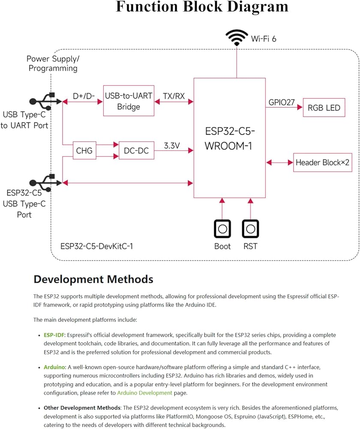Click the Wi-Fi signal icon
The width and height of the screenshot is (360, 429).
point(237,38)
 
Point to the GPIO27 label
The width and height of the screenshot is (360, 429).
point(282,103)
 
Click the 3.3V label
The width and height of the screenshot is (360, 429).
point(172,145)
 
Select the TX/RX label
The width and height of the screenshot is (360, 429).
point(174,96)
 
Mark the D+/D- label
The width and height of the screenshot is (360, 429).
point(84,96)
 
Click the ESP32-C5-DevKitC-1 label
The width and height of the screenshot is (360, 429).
point(96,246)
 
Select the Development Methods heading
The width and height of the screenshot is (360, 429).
point(93,279)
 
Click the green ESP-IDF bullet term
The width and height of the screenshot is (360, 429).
point(54,335)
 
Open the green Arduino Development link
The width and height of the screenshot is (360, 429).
point(144,393)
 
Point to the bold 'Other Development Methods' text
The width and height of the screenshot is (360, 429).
point(82,408)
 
